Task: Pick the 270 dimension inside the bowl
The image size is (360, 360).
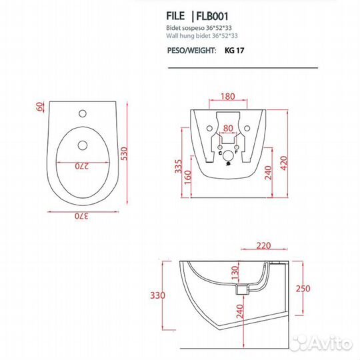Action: pyautogui.click(x=83, y=167)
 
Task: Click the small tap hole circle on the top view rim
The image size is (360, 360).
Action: pyautogui.click(x=84, y=111)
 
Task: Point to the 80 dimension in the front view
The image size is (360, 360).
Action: pyautogui.click(x=228, y=128)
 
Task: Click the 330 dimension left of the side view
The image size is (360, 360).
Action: pyautogui.click(x=157, y=294)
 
